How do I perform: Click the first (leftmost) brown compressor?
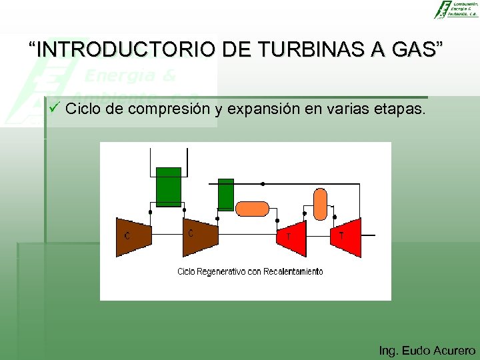click(134, 237)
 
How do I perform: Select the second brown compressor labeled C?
click(201, 237)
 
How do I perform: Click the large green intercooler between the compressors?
click(168, 187)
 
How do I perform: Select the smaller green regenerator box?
click(226, 194)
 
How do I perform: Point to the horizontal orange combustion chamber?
click(253, 209)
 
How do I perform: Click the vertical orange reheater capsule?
click(321, 204)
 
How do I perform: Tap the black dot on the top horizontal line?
click(263, 183)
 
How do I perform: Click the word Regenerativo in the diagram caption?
click(226, 271)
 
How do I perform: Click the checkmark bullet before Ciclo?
click(55, 108)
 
